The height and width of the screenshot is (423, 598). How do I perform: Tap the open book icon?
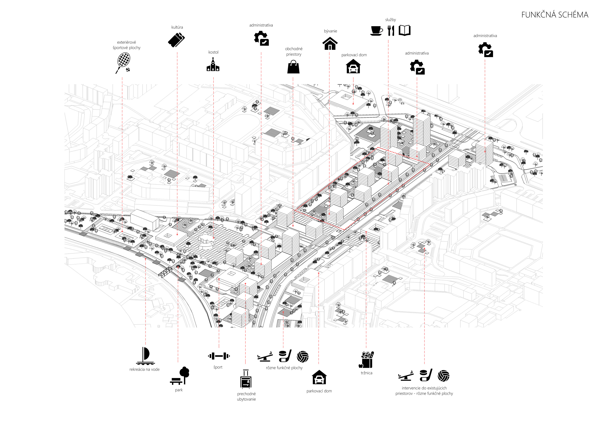pos(405,31)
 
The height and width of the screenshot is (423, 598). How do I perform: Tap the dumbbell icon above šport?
pos(219,356)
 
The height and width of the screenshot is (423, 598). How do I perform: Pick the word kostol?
pos(213,52)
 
